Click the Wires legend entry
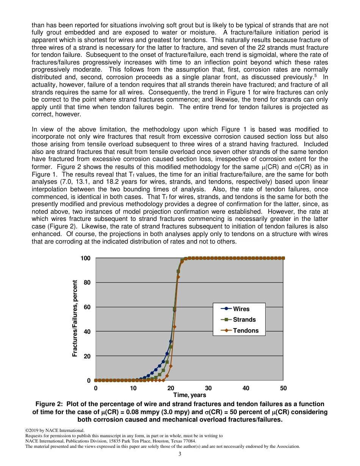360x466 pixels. click(x=241, y=309)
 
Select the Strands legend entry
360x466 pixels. click(x=244, y=319)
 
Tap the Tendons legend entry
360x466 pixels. click(x=246, y=330)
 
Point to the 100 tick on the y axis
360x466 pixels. click(x=86, y=258)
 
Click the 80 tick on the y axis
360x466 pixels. click(x=87, y=283)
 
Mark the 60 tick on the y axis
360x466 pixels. click(x=87, y=307)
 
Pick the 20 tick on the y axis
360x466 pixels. click(x=87, y=356)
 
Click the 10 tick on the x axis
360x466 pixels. click(x=133, y=388)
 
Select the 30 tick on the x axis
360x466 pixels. click(x=208, y=388)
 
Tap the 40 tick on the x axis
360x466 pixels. click(x=246, y=388)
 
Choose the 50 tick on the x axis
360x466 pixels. click(x=283, y=388)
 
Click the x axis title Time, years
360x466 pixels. click(x=189, y=395)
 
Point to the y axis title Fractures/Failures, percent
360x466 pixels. click(x=75, y=318)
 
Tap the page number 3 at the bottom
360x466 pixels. click(x=180, y=454)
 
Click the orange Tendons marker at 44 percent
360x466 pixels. click(x=174, y=327)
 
